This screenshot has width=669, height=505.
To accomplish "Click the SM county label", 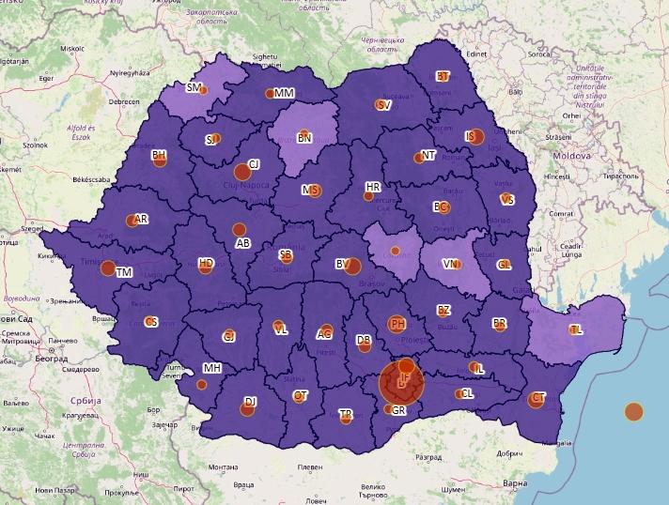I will [194, 87].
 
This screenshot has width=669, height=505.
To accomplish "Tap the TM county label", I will [124, 272].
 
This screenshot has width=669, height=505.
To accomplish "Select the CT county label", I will [538, 398].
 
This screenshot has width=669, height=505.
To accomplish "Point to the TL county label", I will [575, 329].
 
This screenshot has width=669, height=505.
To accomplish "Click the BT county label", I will [443, 76].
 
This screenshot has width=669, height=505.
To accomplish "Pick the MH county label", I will [211, 368].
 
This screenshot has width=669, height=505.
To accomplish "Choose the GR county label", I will [399, 410].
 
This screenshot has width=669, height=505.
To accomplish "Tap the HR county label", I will [373, 188].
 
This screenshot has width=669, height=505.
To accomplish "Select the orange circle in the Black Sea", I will [634, 411].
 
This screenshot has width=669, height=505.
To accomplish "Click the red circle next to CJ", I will [242, 172].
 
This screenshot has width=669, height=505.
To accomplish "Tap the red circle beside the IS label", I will [476, 137].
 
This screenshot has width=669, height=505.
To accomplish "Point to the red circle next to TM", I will [108, 268].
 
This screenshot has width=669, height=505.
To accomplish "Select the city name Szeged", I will [33, 228].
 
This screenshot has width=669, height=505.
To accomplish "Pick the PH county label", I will [397, 324].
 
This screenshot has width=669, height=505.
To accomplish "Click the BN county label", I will [304, 138].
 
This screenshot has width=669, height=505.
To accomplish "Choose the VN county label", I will [450, 264].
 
